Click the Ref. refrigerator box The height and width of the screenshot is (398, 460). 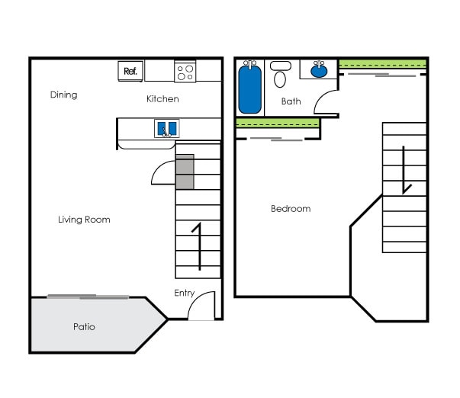click(x=129, y=72)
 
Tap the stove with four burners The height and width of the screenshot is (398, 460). click(x=185, y=72)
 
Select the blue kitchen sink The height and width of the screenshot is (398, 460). click(x=167, y=128)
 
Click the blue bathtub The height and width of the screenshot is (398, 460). click(x=249, y=89)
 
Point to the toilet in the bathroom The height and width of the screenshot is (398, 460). click(x=280, y=75)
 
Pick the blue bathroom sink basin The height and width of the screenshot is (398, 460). click(x=319, y=72)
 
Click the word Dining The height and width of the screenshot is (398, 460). click(x=64, y=95)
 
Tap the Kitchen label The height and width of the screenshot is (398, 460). click(x=162, y=99)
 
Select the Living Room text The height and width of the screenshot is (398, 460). click(x=84, y=220)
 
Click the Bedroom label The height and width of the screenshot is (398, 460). click(x=291, y=209)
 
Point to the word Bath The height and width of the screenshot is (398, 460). click(x=291, y=101)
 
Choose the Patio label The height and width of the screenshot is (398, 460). click(x=84, y=327)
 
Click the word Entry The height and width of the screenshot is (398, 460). click(x=184, y=293)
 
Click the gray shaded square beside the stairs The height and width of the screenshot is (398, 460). click(x=185, y=172)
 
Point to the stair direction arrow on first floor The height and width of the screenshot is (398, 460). click(x=198, y=246)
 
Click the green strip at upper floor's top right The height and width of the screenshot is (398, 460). click(x=382, y=63)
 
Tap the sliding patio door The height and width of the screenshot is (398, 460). click(x=88, y=297)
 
